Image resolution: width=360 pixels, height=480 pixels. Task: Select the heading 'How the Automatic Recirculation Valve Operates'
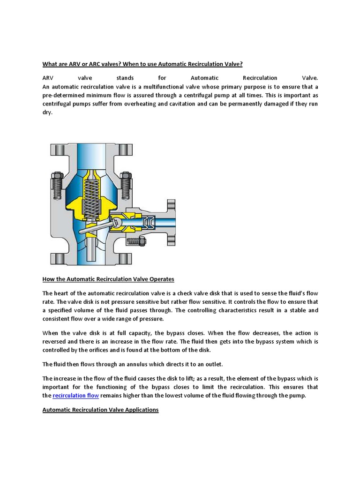click(108, 279)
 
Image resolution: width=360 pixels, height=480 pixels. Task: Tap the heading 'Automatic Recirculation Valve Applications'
click(100, 410)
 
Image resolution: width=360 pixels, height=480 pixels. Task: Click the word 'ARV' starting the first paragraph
click(48, 78)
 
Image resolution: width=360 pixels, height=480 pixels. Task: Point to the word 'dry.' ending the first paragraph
click(48, 112)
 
